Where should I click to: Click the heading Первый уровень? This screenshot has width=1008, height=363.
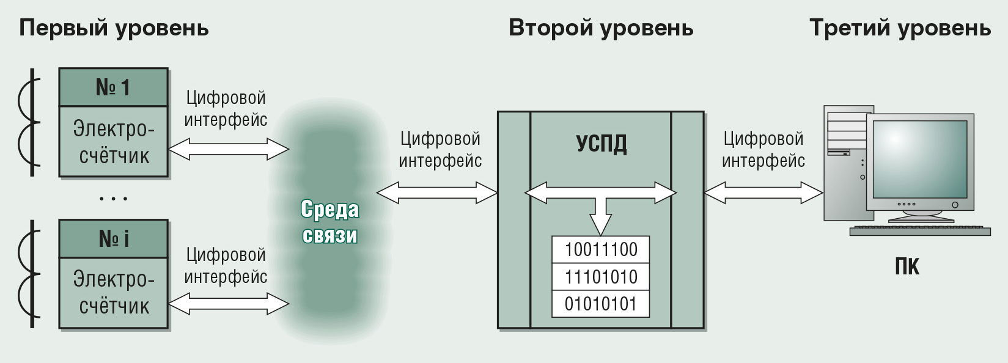pyautogui.click(x=114, y=29)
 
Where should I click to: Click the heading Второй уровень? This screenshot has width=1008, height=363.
pyautogui.click(x=601, y=29)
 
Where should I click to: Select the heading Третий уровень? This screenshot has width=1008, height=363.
pyautogui.click(x=900, y=29)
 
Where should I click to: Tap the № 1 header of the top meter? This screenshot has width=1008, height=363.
pyautogui.click(x=114, y=87)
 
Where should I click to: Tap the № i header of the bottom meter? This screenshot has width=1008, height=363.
pyautogui.click(x=114, y=239)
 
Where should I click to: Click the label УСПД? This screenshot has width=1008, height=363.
pyautogui.click(x=601, y=144)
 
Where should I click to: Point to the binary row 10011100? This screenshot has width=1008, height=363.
pyautogui.click(x=601, y=250)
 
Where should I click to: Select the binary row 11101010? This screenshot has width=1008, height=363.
pyautogui.click(x=601, y=277)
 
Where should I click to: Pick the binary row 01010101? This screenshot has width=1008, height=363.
pyautogui.click(x=601, y=304)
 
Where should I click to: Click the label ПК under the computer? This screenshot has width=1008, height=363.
pyautogui.click(x=907, y=266)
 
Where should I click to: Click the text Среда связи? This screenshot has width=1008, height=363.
pyautogui.click(x=330, y=222)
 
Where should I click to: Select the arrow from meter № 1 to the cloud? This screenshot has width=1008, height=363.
pyautogui.click(x=228, y=149)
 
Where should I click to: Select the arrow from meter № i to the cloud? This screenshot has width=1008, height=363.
pyautogui.click(x=228, y=304)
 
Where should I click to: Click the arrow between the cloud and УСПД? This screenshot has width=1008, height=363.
pyautogui.click(x=437, y=193)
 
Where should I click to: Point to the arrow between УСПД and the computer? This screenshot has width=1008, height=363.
pyautogui.click(x=763, y=193)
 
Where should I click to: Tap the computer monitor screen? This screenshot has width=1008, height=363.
pyautogui.click(x=920, y=159)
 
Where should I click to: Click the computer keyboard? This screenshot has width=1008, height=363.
pyautogui.click(x=920, y=231)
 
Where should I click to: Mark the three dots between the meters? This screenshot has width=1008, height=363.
pyautogui.click(x=114, y=199)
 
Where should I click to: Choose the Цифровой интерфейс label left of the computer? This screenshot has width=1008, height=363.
pyautogui.click(x=763, y=150)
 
